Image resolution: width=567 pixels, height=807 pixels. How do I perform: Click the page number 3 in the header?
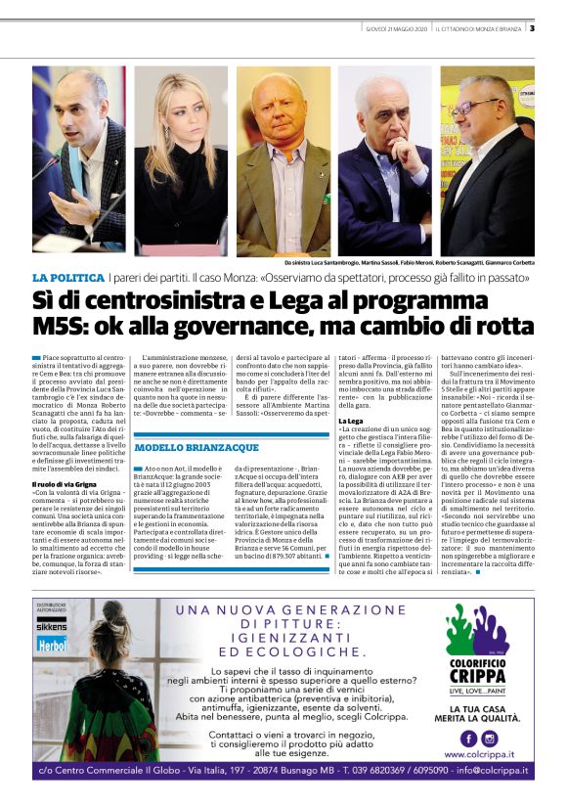pos(532,27)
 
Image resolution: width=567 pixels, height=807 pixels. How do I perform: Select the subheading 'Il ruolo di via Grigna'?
pos(65,483)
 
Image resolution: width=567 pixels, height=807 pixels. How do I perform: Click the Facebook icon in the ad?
pos(467,738)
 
